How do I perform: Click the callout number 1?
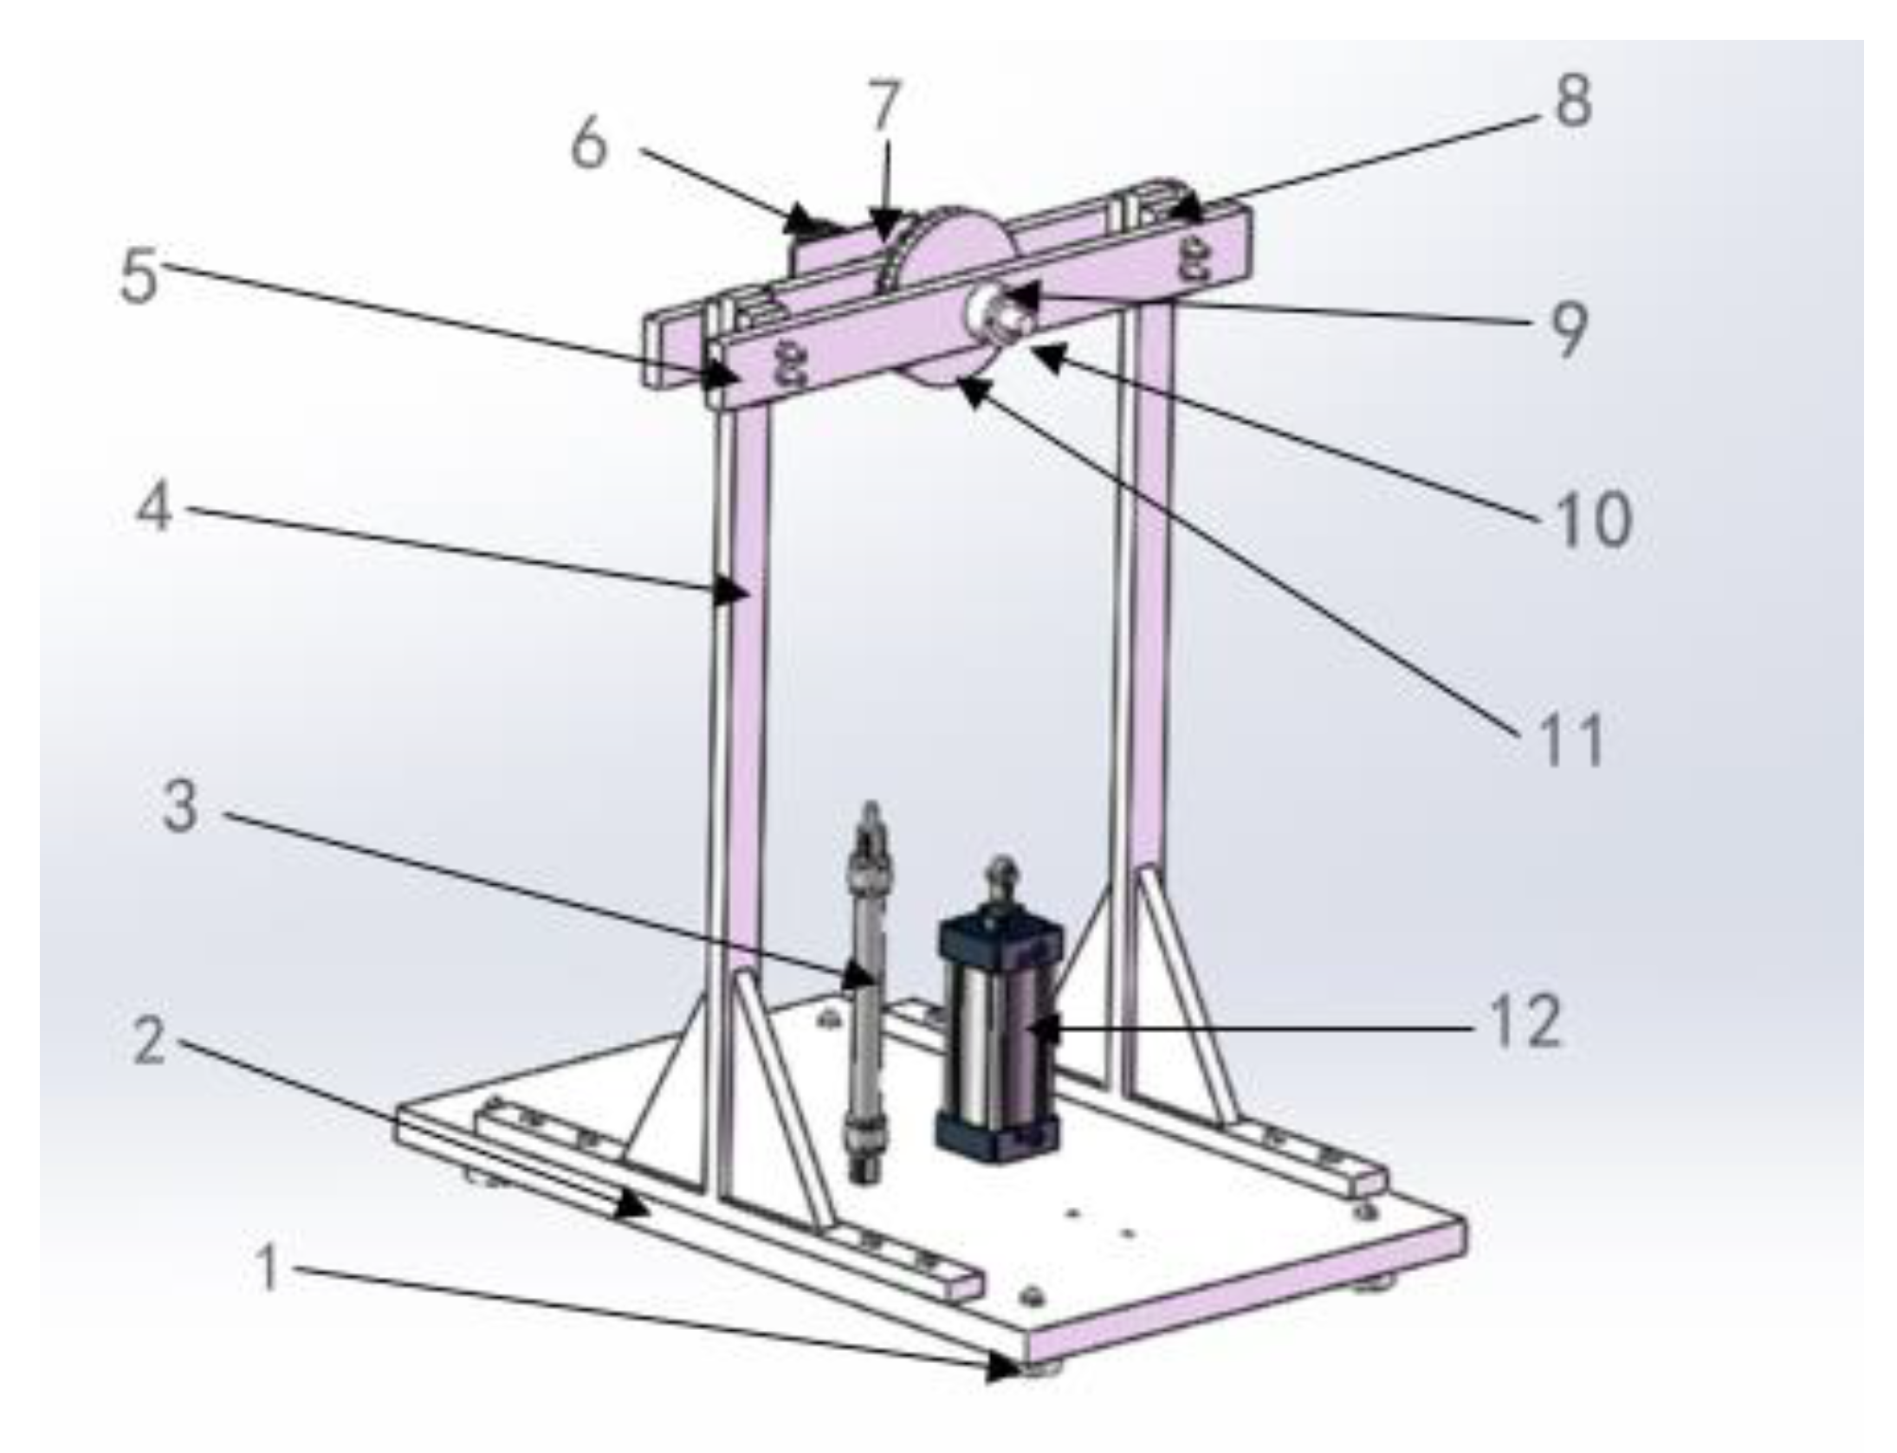pyautogui.click(x=269, y=1270)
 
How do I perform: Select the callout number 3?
pyautogui.click(x=180, y=808)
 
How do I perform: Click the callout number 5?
pyautogui.click(x=139, y=277)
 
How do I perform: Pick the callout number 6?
pyautogui.click(x=589, y=144)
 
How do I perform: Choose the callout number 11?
pyautogui.click(x=1570, y=740)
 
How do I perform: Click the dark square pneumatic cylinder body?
pyautogui.click(x=998, y=1039)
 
